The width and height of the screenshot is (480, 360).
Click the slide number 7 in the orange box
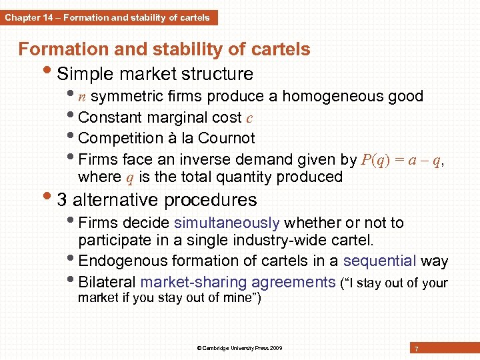click(416, 349)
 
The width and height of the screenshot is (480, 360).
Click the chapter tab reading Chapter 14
click(107, 18)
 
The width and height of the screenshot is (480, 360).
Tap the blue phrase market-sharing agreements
click(238, 282)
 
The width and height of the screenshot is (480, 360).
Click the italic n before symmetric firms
click(81, 97)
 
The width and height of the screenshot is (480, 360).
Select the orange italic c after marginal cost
click(249, 118)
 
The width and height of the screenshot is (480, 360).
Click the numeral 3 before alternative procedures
click(62, 200)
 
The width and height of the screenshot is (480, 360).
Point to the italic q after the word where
click(130, 177)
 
